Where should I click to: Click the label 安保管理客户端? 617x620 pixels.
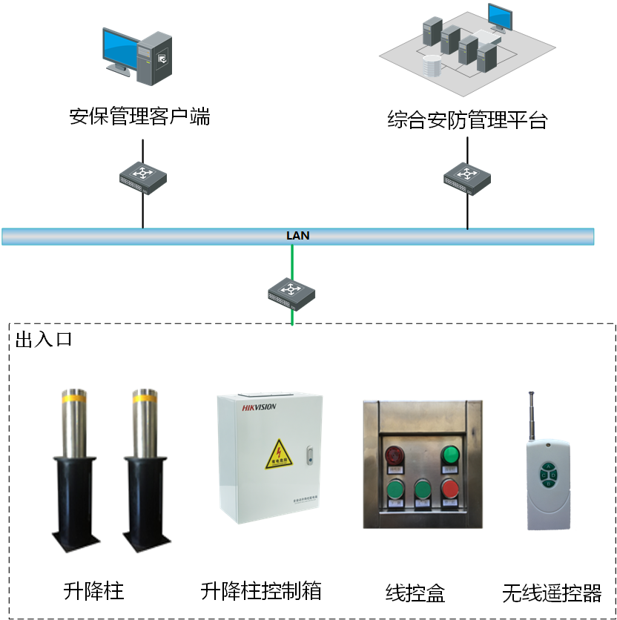139,116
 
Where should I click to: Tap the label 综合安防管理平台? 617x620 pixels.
466,119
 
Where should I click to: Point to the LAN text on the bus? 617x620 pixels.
297,236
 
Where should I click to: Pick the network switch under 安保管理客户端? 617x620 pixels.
143,178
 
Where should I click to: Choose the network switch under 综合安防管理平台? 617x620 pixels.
467,179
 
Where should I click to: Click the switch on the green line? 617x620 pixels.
292,293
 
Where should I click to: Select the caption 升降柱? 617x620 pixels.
93,591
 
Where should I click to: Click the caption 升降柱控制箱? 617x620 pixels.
261,591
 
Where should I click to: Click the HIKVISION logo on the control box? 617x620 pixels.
259,406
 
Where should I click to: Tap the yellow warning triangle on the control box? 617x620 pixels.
280,453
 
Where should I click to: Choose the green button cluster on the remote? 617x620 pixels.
549,475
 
